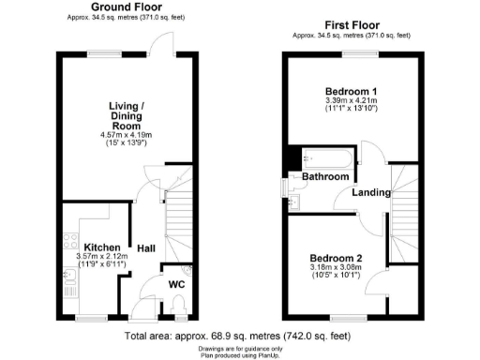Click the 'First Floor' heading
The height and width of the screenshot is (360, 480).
point(352,24)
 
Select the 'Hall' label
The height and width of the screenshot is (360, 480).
point(145,248)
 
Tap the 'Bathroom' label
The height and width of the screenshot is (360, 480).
point(324,177)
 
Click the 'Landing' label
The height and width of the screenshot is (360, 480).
point(371,192)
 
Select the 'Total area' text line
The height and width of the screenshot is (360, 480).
point(240,335)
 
